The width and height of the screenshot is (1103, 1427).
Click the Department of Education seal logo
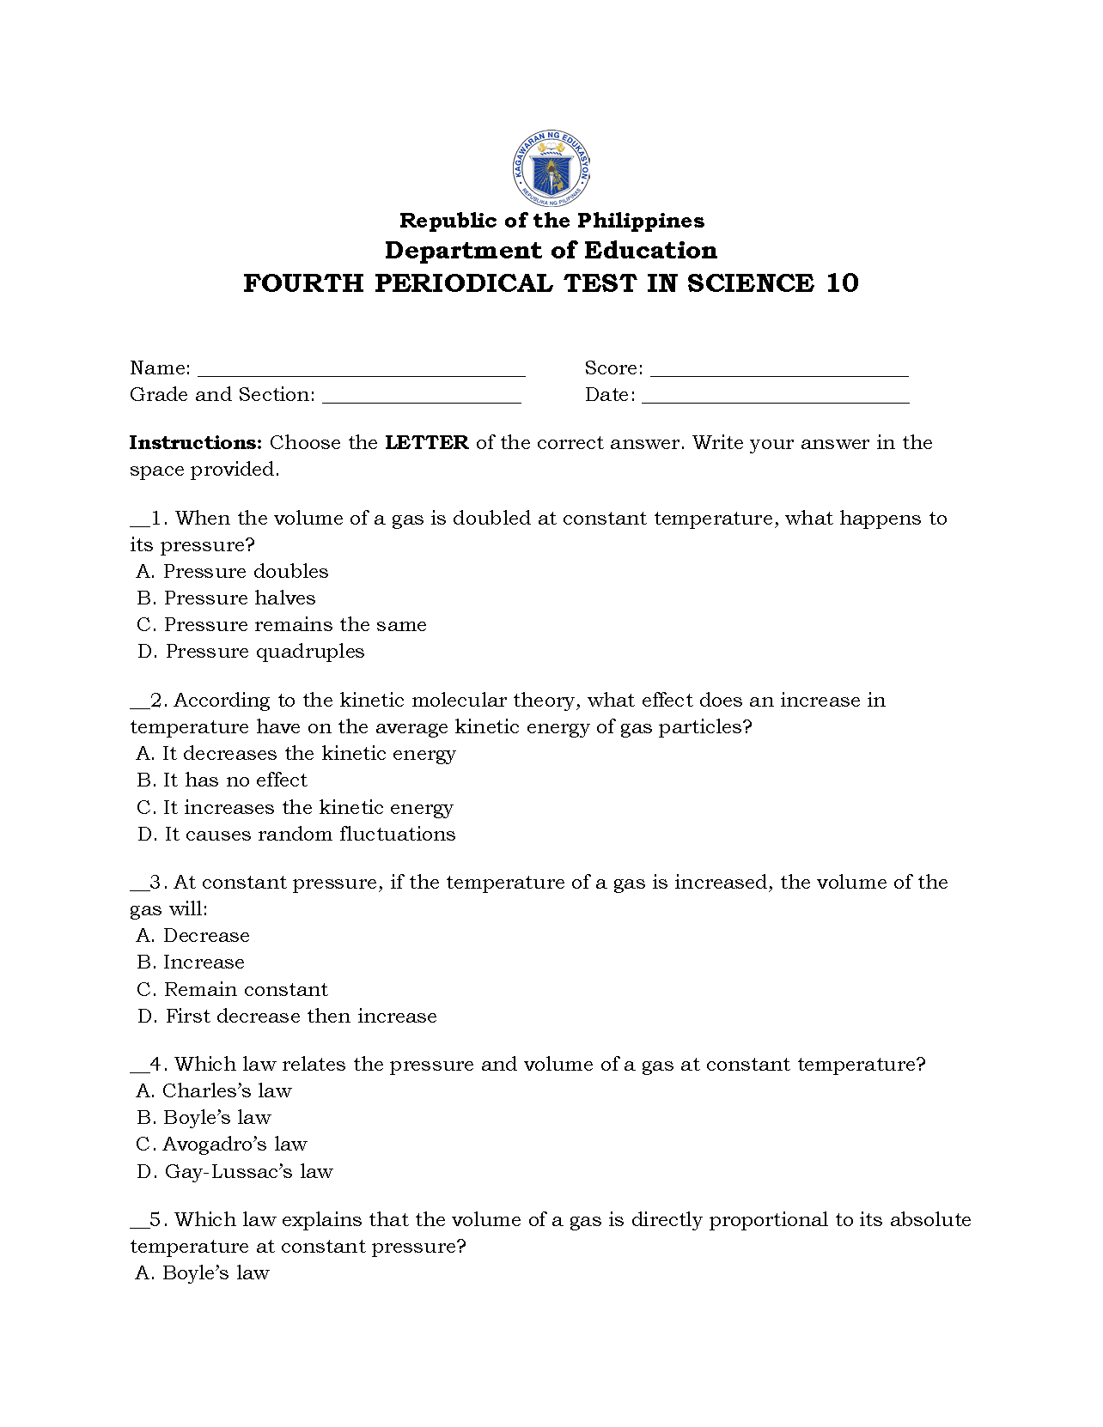551,168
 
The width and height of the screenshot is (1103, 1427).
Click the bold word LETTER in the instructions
427,443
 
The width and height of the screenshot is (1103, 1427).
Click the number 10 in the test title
842,283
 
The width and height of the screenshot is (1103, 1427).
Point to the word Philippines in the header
640,221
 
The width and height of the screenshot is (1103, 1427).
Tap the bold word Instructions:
195,443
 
